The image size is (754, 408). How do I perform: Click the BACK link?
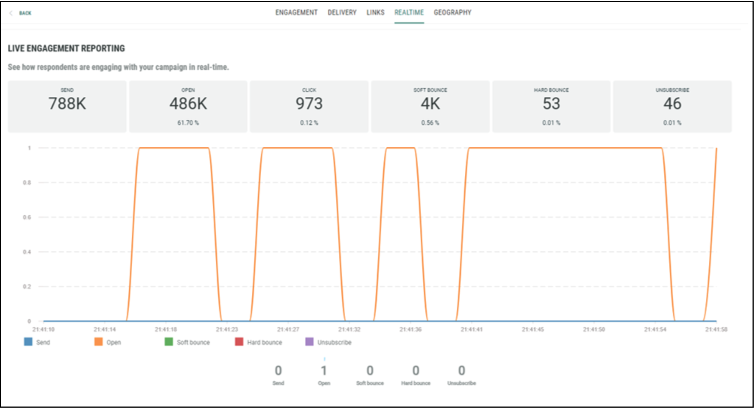25,13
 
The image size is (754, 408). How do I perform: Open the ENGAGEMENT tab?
296,13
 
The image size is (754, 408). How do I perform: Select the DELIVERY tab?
342,13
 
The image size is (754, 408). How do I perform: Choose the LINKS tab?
375,13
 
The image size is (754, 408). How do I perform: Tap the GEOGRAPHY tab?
452,13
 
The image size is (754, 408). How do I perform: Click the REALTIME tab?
409,13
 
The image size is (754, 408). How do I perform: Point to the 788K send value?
67,104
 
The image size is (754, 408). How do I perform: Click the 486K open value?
188,104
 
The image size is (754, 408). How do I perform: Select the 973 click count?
309,104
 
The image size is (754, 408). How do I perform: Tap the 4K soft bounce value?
430,104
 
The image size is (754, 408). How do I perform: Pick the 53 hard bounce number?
551,104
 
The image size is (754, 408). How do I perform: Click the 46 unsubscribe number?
672,104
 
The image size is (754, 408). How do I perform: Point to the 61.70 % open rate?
188,123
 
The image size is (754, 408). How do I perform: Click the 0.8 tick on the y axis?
27,183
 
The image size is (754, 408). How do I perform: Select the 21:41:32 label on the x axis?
349,329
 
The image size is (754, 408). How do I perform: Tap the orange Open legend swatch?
98,342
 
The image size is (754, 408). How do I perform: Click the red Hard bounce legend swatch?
239,342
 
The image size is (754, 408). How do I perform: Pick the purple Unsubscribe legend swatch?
310,342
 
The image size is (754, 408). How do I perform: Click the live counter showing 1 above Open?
324,370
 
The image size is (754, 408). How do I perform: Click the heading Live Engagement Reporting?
66,48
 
